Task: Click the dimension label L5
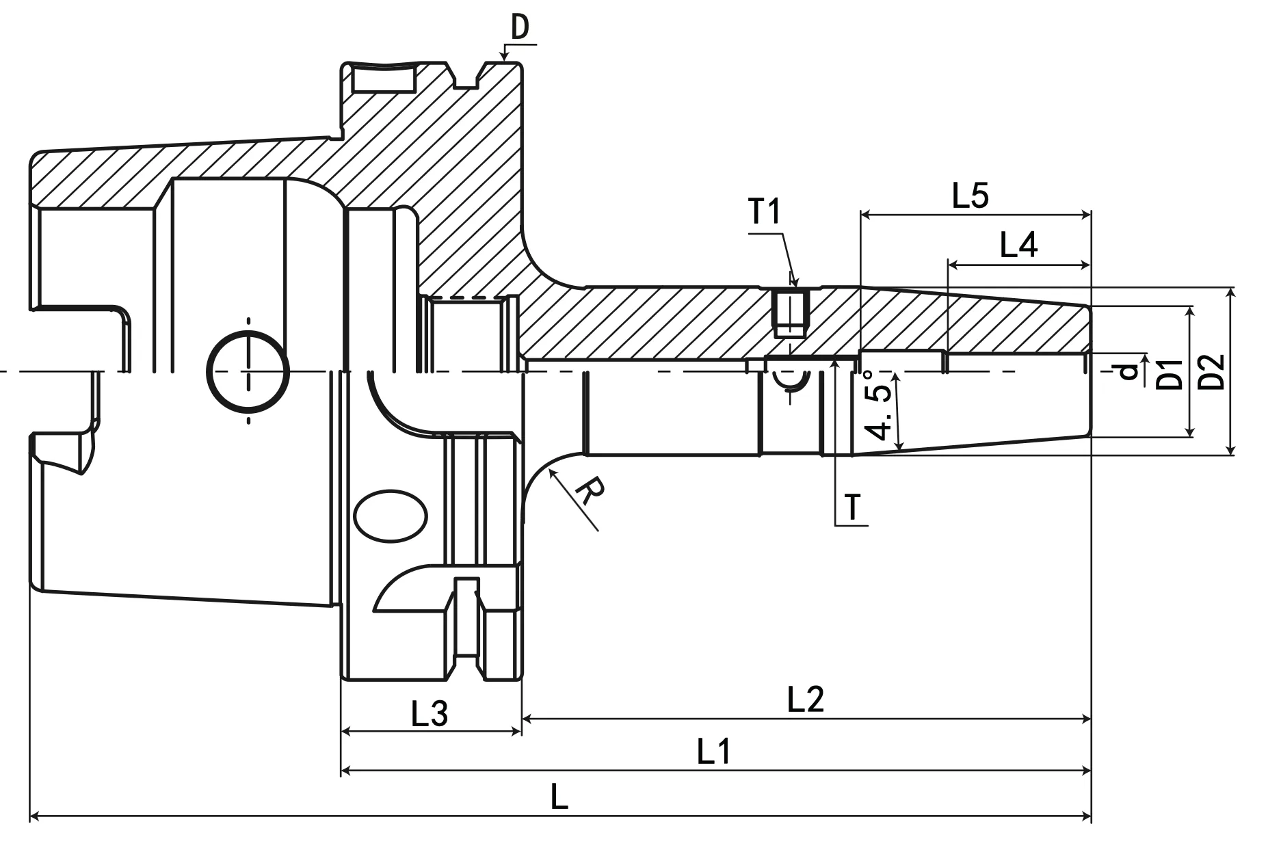(x=970, y=197)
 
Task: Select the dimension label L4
(x=1018, y=245)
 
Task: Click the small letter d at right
(x=1128, y=372)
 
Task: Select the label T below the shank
(x=852, y=507)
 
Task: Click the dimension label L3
(x=429, y=714)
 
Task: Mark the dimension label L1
(x=713, y=753)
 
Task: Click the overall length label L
(x=559, y=798)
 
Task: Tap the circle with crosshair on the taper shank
(x=248, y=372)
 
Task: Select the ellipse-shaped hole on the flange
(x=391, y=515)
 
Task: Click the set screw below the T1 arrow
(x=789, y=313)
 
